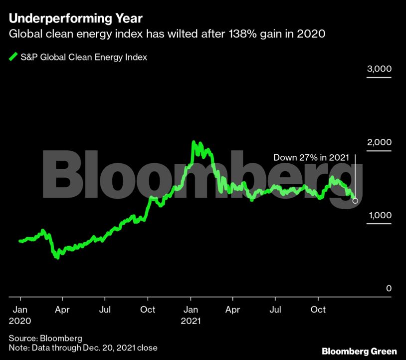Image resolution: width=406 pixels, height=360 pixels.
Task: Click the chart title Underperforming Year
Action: [75, 18]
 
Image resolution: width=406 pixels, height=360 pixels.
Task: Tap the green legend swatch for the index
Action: [13, 57]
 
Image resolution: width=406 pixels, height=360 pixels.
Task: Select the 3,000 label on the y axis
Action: [379, 69]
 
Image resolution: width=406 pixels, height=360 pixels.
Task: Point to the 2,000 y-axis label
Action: [379, 142]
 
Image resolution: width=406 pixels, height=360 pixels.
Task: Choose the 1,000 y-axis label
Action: [379, 215]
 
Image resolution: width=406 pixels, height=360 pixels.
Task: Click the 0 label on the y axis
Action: [389, 289]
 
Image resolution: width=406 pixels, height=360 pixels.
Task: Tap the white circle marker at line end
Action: [355, 201]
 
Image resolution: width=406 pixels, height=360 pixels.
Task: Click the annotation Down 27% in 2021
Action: [310, 157]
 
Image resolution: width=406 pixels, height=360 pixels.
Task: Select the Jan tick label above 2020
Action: [20, 310]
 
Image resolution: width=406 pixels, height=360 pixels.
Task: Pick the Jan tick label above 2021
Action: [191, 310]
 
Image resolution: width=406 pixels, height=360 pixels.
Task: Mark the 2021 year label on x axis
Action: [191, 321]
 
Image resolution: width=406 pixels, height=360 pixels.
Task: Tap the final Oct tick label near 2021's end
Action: [318, 310]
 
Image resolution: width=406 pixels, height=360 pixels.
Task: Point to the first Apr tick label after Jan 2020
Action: [62, 310]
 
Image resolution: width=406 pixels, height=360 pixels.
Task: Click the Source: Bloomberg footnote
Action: [45, 338]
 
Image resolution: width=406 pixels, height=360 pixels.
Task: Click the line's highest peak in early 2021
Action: [194, 143]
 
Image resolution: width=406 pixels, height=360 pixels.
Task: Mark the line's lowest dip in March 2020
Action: [57, 257]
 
